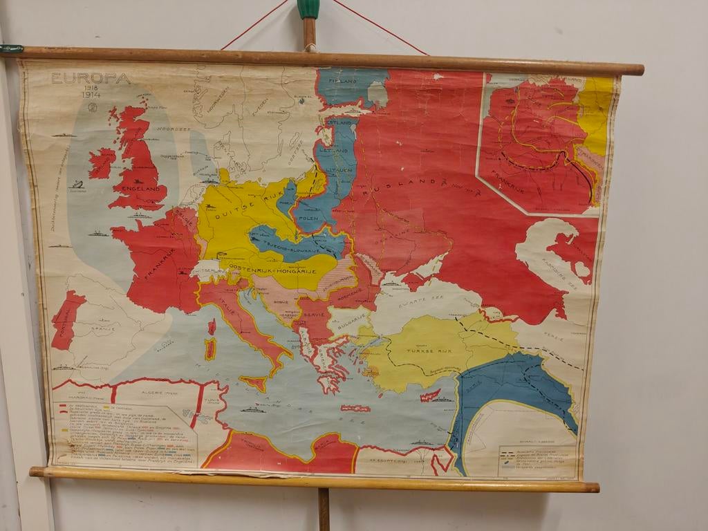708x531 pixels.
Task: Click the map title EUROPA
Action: [x=91, y=78]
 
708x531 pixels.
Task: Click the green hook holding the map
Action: [x=308, y=9]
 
